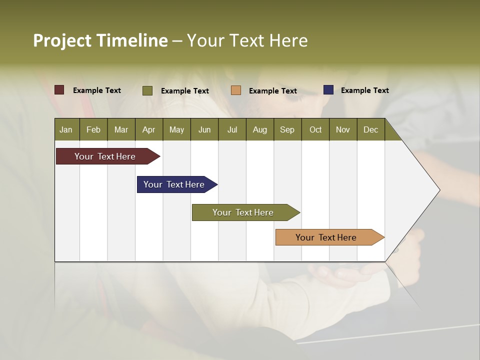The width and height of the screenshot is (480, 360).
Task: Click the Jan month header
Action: [66, 129]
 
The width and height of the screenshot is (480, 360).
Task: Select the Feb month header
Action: [93, 129]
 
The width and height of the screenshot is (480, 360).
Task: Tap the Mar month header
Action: [121, 129]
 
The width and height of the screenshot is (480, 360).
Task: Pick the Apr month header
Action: [148, 129]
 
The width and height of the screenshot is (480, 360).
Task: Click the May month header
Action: [176, 129]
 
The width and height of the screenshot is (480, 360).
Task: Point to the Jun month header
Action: [204, 129]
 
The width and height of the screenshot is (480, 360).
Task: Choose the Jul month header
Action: [232, 129]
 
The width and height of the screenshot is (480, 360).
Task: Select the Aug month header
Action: [260, 129]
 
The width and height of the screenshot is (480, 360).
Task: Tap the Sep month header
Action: [287, 129]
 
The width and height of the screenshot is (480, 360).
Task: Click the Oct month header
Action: [315, 129]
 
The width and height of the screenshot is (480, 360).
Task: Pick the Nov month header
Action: [343, 129]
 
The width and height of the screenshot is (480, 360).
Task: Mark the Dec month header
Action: [371, 129]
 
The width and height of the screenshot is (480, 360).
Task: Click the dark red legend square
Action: [59, 90]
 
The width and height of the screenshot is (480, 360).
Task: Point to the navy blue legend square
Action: [328, 90]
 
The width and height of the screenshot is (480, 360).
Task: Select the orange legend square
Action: [236, 90]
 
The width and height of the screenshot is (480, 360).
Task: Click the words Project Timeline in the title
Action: [100, 40]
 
